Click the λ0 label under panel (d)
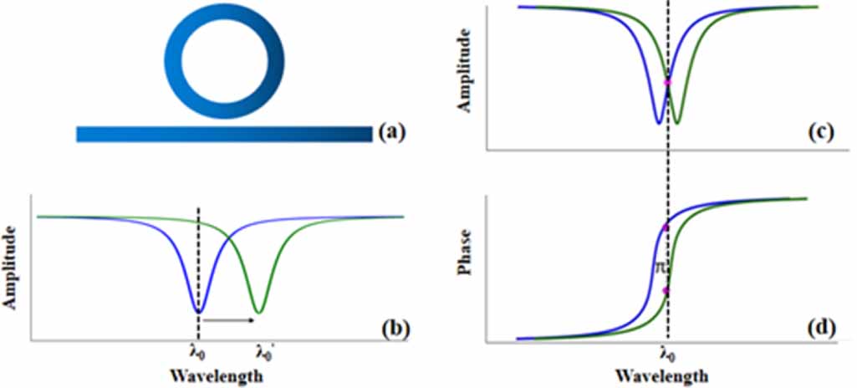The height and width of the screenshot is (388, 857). [x=667, y=355]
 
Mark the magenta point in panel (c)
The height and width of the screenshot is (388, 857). [x=667, y=81]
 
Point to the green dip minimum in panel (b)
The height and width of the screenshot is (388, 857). [x=259, y=313]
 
